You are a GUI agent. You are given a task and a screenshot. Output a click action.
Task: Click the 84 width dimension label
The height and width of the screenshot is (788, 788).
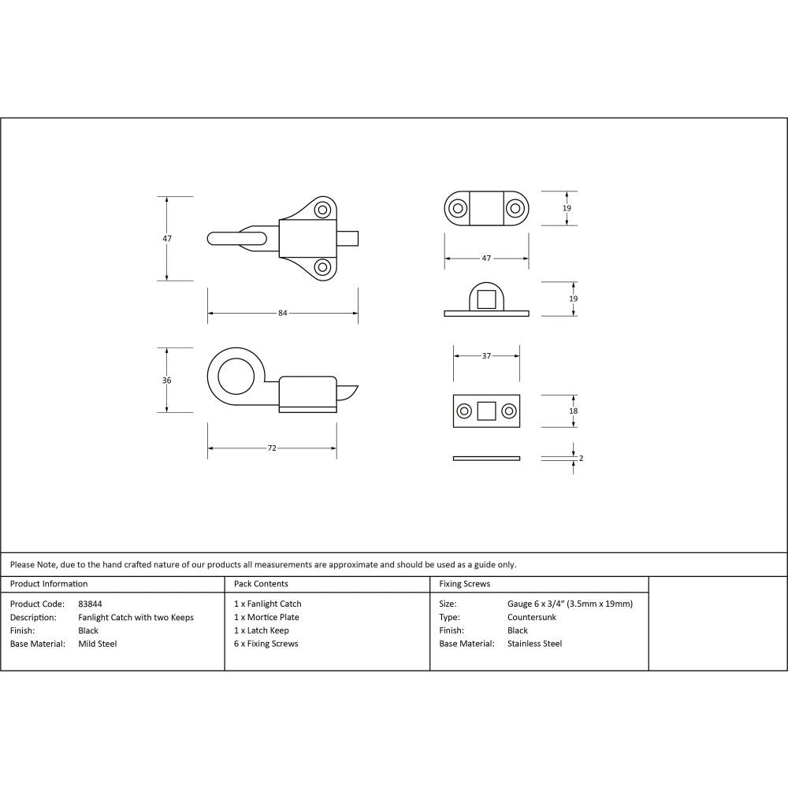click(282, 313)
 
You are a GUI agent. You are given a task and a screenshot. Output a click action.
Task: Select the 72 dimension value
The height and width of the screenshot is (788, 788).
click(272, 448)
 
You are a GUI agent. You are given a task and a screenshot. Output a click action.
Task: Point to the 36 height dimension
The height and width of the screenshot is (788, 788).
click(166, 380)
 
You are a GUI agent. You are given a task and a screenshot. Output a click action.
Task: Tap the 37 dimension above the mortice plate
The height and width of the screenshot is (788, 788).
click(486, 355)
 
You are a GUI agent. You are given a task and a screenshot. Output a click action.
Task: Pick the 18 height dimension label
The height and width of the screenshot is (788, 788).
click(573, 411)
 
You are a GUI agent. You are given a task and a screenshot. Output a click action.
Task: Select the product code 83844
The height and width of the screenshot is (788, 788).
click(90, 604)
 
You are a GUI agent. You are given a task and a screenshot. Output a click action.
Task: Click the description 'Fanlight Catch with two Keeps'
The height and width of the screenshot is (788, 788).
click(136, 617)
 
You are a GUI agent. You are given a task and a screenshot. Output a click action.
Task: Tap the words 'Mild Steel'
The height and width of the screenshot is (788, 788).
click(97, 644)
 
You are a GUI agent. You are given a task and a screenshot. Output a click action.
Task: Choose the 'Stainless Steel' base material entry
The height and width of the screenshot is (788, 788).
click(534, 644)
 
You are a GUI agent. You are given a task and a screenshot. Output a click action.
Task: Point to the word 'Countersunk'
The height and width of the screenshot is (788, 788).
click(532, 617)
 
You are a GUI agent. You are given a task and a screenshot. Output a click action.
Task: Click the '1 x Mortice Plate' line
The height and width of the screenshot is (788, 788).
click(266, 617)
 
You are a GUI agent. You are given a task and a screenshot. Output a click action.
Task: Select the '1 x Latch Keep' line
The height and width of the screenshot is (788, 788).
click(262, 630)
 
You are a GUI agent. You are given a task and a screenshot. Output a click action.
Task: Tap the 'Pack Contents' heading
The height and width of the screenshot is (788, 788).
click(261, 584)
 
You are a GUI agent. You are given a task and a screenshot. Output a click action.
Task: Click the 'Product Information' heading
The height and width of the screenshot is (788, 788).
click(49, 584)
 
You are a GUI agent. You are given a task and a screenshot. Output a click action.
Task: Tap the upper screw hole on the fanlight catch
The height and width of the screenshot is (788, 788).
click(322, 210)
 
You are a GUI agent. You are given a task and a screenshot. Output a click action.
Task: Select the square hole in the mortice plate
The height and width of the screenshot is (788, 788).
click(486, 411)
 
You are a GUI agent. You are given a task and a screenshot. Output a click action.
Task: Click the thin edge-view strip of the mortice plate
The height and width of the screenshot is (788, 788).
click(486, 458)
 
